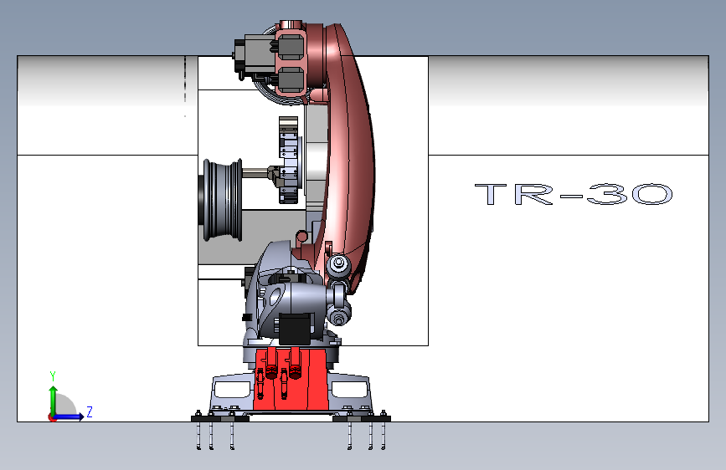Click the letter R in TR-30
click(533, 195)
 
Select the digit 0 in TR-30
click(648, 195)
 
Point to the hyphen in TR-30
click(569, 197)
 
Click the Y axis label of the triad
click(52, 375)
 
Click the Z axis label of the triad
click(89, 411)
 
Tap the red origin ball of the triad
click(52, 416)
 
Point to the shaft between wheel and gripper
click(255, 175)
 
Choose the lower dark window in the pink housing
click(290, 80)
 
